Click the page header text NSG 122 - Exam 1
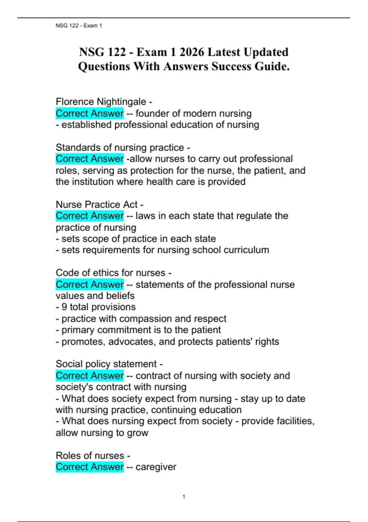tap(79, 25)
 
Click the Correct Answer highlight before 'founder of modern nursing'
tap(90, 113)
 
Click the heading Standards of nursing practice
tap(120, 147)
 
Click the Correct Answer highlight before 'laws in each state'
tap(90, 216)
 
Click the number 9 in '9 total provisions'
tap(64, 307)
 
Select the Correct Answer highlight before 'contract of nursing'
tap(90, 376)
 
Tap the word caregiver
tap(156, 467)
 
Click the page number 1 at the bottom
tap(184, 497)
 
